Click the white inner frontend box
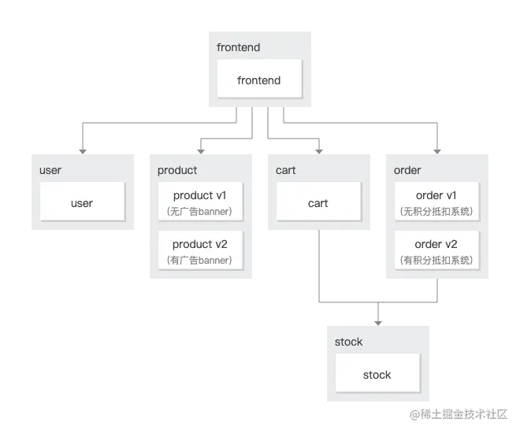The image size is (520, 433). pyautogui.click(x=259, y=80)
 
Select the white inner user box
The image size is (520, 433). pyautogui.click(x=82, y=203)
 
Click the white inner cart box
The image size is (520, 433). pyautogui.click(x=318, y=203)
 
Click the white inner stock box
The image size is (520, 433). pyautogui.click(x=377, y=375)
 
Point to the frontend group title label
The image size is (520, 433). pyautogui.click(x=238, y=47)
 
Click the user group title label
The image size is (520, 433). pyautogui.click(x=50, y=170)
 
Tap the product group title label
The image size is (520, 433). pyautogui.click(x=177, y=170)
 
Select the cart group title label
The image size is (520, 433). pyautogui.click(x=286, y=170)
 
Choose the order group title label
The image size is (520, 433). pyautogui.click(x=407, y=170)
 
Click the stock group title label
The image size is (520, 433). pyautogui.click(x=348, y=342)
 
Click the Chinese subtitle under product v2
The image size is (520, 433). pyautogui.click(x=199, y=261)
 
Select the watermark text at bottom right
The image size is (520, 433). pyautogui.click(x=457, y=414)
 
